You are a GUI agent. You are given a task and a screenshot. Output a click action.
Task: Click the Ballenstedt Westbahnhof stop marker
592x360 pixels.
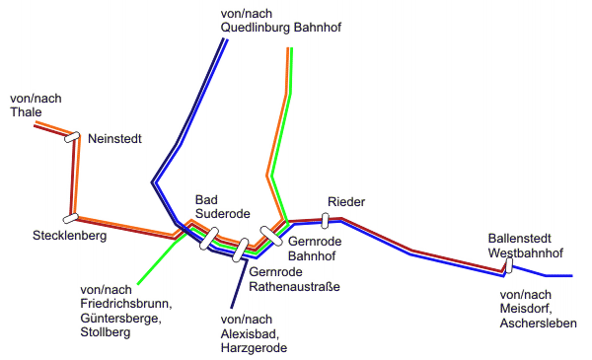tap(507, 263)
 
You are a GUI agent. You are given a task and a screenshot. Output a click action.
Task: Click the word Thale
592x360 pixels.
tap(26, 112)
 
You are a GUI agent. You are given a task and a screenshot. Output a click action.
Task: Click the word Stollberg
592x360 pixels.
tap(106, 332)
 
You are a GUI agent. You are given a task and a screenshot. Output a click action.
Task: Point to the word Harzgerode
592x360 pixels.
tap(256, 348)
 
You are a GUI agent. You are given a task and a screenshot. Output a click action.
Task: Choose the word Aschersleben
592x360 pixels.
tap(538, 324)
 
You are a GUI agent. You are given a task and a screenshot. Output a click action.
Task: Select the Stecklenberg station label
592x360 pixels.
tap(69, 236)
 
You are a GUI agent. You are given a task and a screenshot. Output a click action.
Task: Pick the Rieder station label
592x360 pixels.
tap(345, 202)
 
